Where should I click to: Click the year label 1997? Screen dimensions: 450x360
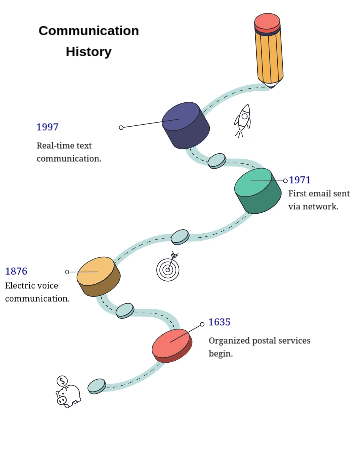click(47, 127)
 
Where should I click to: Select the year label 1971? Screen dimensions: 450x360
click(300, 180)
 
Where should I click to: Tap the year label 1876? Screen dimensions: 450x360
click(16, 272)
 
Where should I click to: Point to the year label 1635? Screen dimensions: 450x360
click(219, 322)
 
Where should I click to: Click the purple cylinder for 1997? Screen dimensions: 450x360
click(185, 125)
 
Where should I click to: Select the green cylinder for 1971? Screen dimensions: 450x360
click(258, 190)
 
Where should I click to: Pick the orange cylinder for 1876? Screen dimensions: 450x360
click(98, 276)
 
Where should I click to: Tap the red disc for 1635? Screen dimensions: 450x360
click(171, 345)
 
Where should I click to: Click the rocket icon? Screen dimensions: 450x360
click(243, 120)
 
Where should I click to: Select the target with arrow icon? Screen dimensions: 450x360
click(168, 269)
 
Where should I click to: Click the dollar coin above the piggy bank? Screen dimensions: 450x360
click(62, 381)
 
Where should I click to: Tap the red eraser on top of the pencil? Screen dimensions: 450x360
click(267, 22)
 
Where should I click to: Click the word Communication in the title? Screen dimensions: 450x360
click(89, 31)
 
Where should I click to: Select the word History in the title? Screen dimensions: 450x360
click(89, 52)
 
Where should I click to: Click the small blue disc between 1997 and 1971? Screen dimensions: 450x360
click(217, 160)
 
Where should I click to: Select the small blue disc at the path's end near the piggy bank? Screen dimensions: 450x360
click(97, 386)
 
